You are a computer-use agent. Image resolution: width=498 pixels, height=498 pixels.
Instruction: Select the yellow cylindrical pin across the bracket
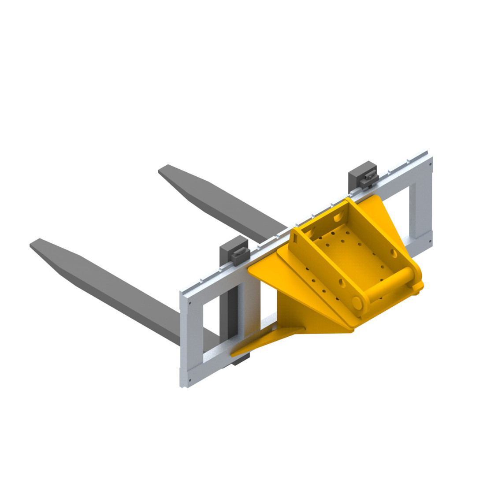(388, 289)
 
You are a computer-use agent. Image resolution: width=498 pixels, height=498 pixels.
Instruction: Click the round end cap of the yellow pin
(357, 302)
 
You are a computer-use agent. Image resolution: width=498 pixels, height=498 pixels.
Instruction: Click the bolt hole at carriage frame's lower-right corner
(427, 238)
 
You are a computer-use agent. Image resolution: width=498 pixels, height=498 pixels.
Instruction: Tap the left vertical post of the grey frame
(190, 339)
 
